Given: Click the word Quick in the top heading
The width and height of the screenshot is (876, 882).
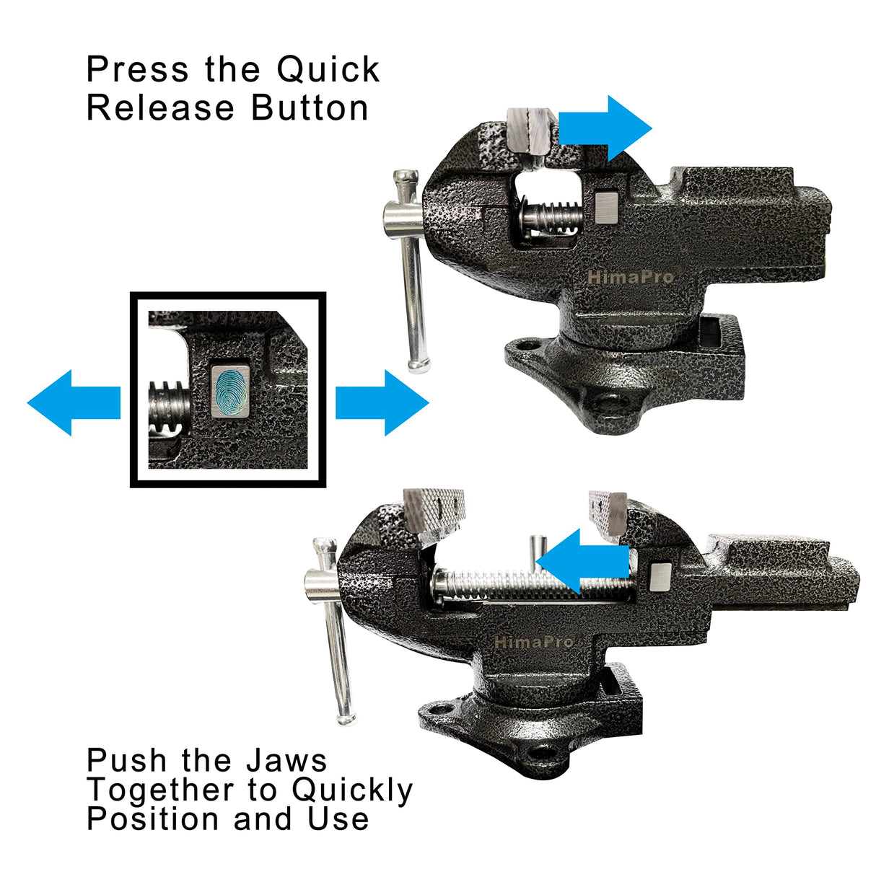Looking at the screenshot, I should pos(328,70).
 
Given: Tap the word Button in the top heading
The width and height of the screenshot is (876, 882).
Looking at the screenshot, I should pos(310,108).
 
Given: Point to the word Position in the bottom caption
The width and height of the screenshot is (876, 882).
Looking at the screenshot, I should pos(153,819).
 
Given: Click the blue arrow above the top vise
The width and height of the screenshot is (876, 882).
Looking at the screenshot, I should pos(605,128).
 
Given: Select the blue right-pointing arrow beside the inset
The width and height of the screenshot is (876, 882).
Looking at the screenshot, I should pos(382,402).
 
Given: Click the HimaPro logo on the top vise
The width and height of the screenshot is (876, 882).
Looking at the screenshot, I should pos(630,277).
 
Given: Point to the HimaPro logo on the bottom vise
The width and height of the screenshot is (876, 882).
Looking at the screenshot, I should pos(533,642).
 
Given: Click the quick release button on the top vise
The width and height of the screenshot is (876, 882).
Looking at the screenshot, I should pos(608,208).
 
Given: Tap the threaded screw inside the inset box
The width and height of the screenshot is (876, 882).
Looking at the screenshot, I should pos(170,408).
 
